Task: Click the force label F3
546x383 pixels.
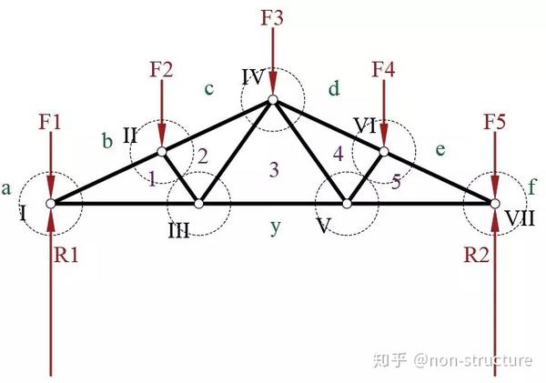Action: click(x=272, y=16)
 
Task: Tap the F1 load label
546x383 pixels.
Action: click(x=52, y=121)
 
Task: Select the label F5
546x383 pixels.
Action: click(x=495, y=121)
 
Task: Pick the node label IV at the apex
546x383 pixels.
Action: click(x=253, y=75)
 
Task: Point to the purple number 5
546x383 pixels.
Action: click(x=396, y=181)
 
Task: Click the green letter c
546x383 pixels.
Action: click(x=209, y=88)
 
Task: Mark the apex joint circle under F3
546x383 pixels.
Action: click(x=272, y=100)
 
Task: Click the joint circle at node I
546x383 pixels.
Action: click(x=51, y=203)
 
